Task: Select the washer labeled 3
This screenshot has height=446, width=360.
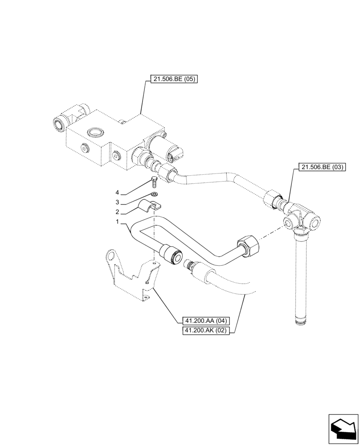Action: pos(155,194)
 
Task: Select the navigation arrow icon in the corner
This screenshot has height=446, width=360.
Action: pos(343,428)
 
